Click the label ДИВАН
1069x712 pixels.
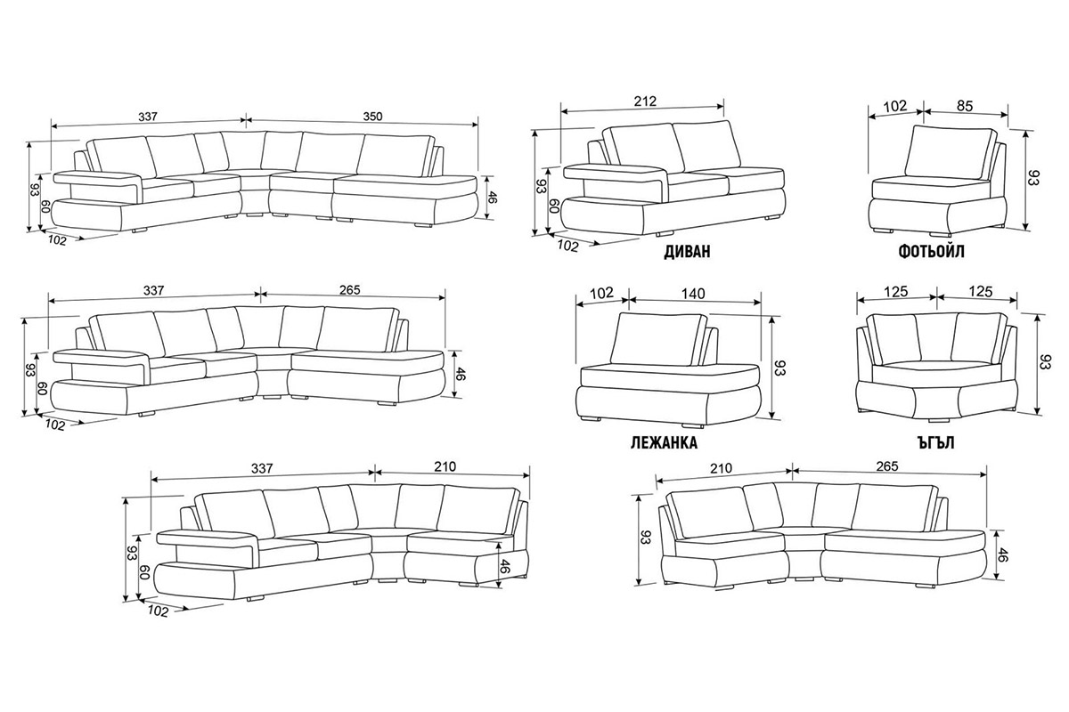(x=687, y=251)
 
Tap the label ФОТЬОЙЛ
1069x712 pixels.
(x=931, y=251)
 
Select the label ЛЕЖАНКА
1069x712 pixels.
(x=664, y=442)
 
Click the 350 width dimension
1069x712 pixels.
(x=372, y=117)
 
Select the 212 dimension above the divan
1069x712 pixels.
(x=645, y=101)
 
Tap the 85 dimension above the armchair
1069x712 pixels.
(x=965, y=106)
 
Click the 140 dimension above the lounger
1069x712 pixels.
(x=693, y=294)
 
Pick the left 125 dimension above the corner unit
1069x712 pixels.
(x=896, y=291)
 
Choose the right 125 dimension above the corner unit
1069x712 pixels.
(x=981, y=291)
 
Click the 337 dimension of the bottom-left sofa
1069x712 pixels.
(x=262, y=468)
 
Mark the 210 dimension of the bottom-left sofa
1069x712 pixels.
(x=445, y=466)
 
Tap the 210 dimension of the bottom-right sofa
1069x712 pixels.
(x=721, y=468)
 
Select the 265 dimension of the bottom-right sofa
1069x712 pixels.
(x=886, y=466)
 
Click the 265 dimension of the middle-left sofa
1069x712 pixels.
(x=350, y=289)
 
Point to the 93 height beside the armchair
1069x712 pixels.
(x=1032, y=176)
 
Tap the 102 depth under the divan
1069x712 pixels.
(x=567, y=246)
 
